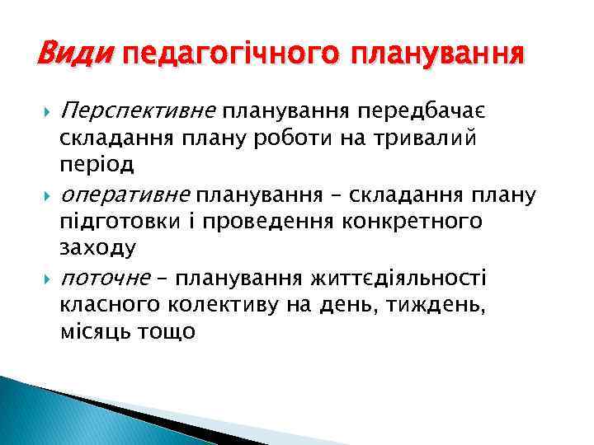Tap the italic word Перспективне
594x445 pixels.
139,110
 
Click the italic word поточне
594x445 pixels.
106,279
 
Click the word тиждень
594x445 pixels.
445,306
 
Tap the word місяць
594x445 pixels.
93,332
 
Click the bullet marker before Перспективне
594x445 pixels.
45,110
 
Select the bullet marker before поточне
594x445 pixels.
45,279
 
